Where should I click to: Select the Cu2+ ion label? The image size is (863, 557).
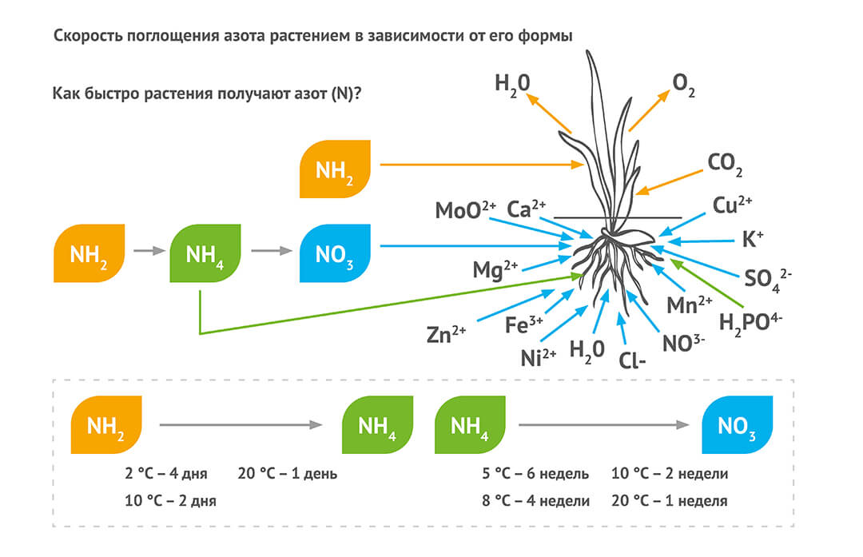pyautogui.click(x=732, y=205)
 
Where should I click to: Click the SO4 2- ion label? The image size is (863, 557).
pyautogui.click(x=768, y=277)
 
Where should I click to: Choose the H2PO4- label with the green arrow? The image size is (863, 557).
pyautogui.click(x=750, y=321)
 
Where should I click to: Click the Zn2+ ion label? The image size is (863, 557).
pyautogui.click(x=446, y=334)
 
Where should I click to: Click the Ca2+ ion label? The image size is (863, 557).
pyautogui.click(x=527, y=209)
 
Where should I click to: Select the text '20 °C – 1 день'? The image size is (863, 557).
pyautogui.click(x=288, y=474)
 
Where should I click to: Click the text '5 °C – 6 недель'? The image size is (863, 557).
pyautogui.click(x=535, y=474)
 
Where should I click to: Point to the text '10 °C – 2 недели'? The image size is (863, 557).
pyautogui.click(x=670, y=474)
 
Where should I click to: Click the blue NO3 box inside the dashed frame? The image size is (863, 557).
pyautogui.click(x=737, y=426)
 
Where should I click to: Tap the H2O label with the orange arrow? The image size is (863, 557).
pyautogui.click(x=512, y=83)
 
